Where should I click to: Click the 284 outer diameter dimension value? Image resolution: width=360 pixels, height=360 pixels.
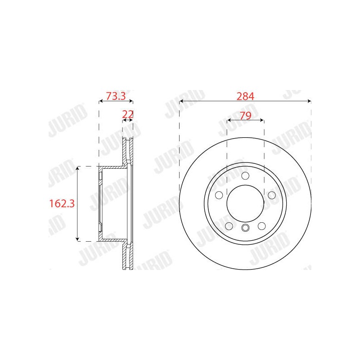[245, 96]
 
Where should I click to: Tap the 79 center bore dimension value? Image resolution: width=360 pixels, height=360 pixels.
[245, 116]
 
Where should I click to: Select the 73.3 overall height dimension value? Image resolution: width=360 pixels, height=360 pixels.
[116, 96]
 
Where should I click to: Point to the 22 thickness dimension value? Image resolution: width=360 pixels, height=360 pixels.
[128, 114]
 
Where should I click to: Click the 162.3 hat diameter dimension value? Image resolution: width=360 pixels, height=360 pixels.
[62, 203]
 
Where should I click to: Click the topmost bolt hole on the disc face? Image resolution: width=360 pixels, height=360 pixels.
[245, 176]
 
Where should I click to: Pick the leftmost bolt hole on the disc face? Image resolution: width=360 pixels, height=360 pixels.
[219, 195]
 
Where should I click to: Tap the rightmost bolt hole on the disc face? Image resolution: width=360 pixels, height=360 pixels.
[272, 195]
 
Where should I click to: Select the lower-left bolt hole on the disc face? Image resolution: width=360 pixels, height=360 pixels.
[229, 226]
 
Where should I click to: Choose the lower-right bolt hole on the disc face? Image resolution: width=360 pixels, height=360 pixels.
[262, 226]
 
